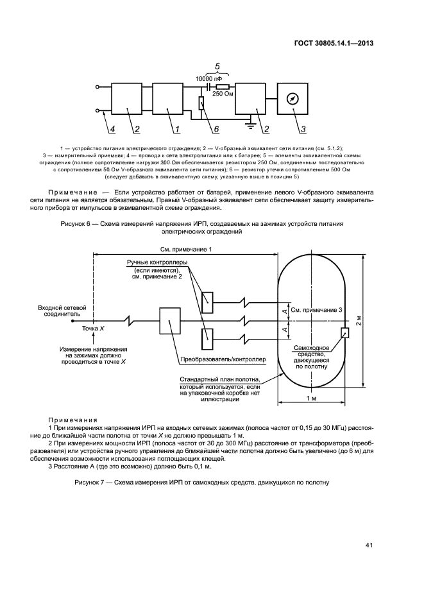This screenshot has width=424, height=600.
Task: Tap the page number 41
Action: [x=369, y=545]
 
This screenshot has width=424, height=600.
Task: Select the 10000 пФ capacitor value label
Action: [x=209, y=77]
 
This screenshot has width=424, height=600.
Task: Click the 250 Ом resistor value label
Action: [x=222, y=93]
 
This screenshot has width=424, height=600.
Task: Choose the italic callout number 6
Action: [x=217, y=129]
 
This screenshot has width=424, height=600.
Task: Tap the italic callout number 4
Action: [x=112, y=130]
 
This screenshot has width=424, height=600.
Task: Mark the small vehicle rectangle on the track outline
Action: [x=345, y=332]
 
